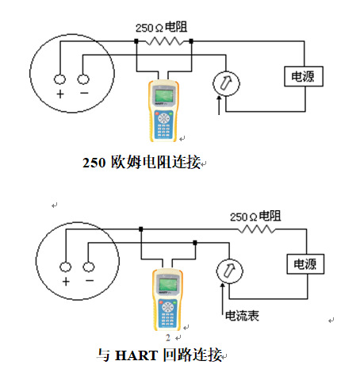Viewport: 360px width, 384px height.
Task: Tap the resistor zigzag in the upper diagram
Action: [163, 40]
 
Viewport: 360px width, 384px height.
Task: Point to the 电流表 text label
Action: [243, 315]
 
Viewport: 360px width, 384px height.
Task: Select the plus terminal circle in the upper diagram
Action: [59, 79]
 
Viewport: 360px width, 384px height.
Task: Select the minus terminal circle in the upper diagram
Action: [83, 79]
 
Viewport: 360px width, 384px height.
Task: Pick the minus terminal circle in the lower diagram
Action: [89, 266]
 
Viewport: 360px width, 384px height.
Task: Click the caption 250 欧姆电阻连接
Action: [143, 164]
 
